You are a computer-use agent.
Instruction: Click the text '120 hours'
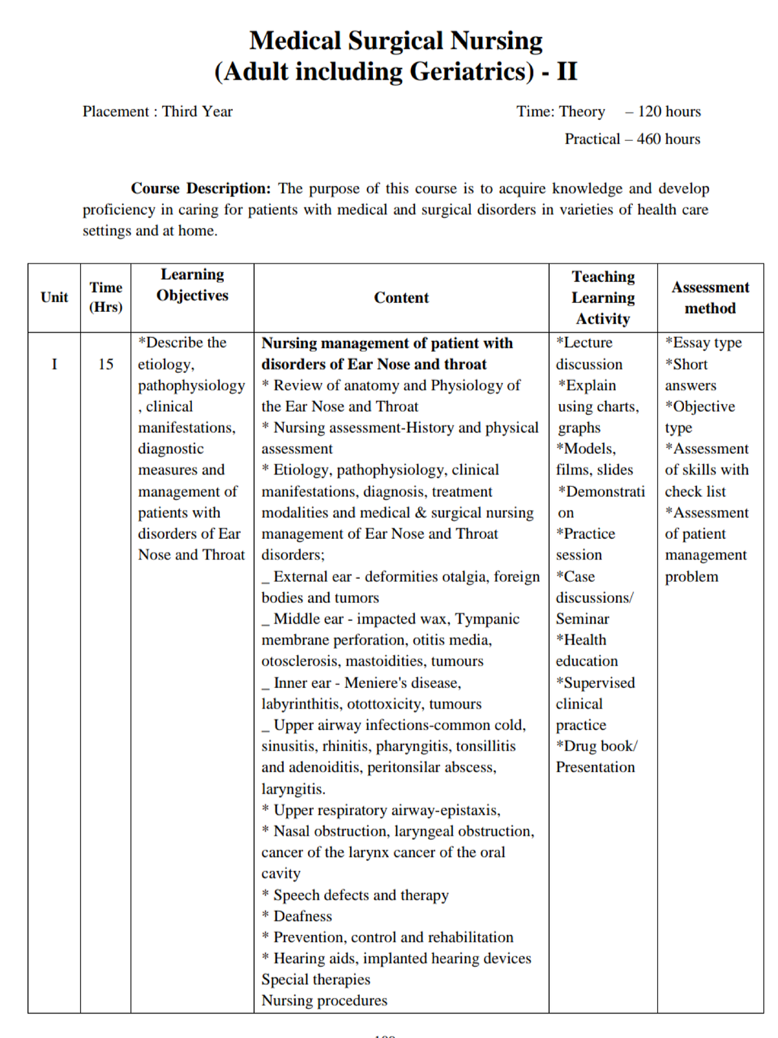click(669, 112)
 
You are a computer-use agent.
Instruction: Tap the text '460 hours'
click(668, 139)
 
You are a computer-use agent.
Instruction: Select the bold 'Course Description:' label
click(200, 189)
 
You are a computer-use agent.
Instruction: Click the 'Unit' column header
click(54, 298)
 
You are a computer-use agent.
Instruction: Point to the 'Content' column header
click(401, 298)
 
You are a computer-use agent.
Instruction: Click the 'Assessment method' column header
click(710, 298)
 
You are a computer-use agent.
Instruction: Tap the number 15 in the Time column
click(106, 364)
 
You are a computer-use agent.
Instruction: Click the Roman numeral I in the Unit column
click(54, 364)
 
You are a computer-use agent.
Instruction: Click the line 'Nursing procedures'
click(324, 1000)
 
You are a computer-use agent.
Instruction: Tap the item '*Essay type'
click(703, 342)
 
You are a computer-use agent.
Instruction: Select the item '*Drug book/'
click(596, 746)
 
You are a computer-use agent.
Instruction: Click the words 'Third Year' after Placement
click(197, 112)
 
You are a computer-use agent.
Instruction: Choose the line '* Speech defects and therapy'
click(355, 895)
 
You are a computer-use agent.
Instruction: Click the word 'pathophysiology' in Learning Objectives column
click(191, 386)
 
